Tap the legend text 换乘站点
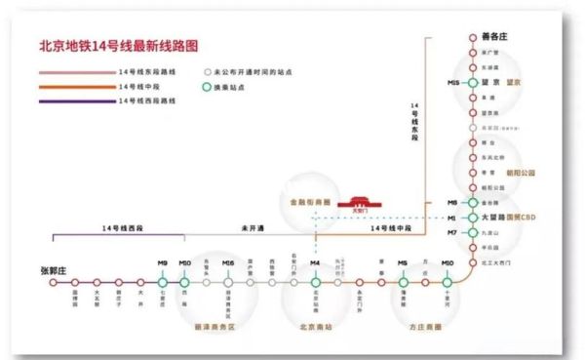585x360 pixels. coord(231,87)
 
